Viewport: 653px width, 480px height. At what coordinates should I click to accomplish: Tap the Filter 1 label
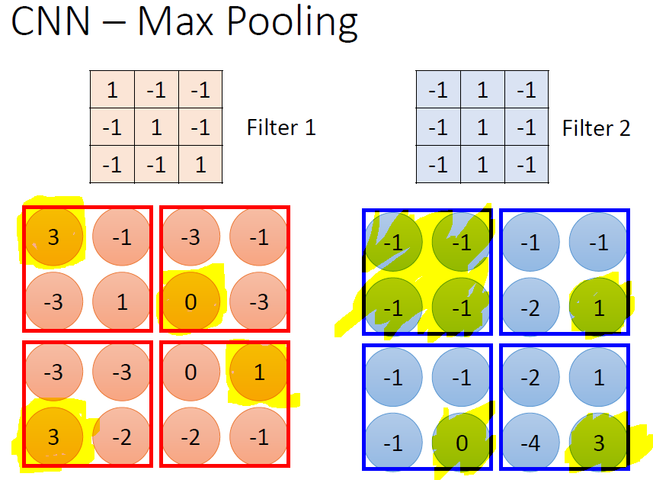[280, 127]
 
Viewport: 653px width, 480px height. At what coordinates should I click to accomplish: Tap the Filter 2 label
[596, 127]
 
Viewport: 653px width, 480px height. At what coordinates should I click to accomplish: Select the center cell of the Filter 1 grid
[156, 127]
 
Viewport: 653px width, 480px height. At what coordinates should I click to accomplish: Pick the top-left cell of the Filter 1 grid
[112, 90]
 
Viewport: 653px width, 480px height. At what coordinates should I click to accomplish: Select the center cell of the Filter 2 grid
[482, 127]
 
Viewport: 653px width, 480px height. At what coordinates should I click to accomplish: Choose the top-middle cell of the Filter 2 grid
[482, 90]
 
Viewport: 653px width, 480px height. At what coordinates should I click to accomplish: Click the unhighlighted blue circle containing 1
[598, 376]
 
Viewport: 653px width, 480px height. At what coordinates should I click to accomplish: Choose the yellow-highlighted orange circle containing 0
[190, 301]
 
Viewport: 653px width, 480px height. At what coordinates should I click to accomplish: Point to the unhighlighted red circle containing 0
[190, 373]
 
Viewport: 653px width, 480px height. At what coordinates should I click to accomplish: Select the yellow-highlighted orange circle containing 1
[258, 373]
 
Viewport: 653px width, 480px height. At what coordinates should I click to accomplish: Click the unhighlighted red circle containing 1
[123, 301]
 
